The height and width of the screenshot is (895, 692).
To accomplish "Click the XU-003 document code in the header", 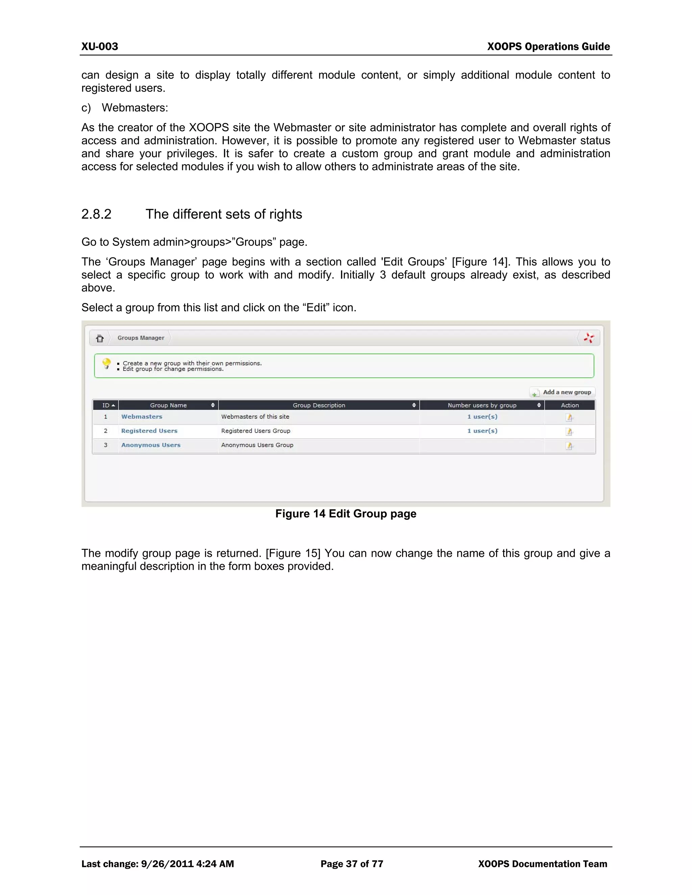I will (100, 46).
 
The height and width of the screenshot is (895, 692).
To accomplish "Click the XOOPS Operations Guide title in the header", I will (548, 46).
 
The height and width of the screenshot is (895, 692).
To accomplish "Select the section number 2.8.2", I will (96, 214).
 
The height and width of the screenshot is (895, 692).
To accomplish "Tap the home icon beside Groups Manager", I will (100, 338).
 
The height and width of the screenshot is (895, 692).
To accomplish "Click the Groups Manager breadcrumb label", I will (141, 338).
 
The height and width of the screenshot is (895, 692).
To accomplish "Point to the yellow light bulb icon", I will (106, 363).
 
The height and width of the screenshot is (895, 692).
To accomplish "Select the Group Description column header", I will (319, 405).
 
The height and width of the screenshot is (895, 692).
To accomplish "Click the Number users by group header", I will (482, 405).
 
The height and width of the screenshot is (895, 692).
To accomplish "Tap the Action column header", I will (569, 405).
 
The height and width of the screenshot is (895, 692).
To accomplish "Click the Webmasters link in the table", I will (142, 417).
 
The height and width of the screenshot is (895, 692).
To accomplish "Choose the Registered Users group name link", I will (149, 431).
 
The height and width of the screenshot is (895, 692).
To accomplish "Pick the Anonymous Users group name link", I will (151, 445).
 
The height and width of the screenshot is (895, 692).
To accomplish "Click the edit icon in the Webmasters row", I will (569, 417).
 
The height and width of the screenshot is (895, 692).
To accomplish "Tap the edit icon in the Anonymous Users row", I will (569, 446).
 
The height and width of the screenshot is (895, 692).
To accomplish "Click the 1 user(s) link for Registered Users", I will (482, 431).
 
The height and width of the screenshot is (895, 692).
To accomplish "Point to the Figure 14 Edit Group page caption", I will (346, 514).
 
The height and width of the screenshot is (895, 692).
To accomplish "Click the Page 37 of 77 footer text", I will (352, 864).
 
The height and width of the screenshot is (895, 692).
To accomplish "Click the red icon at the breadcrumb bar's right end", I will (589, 338).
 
